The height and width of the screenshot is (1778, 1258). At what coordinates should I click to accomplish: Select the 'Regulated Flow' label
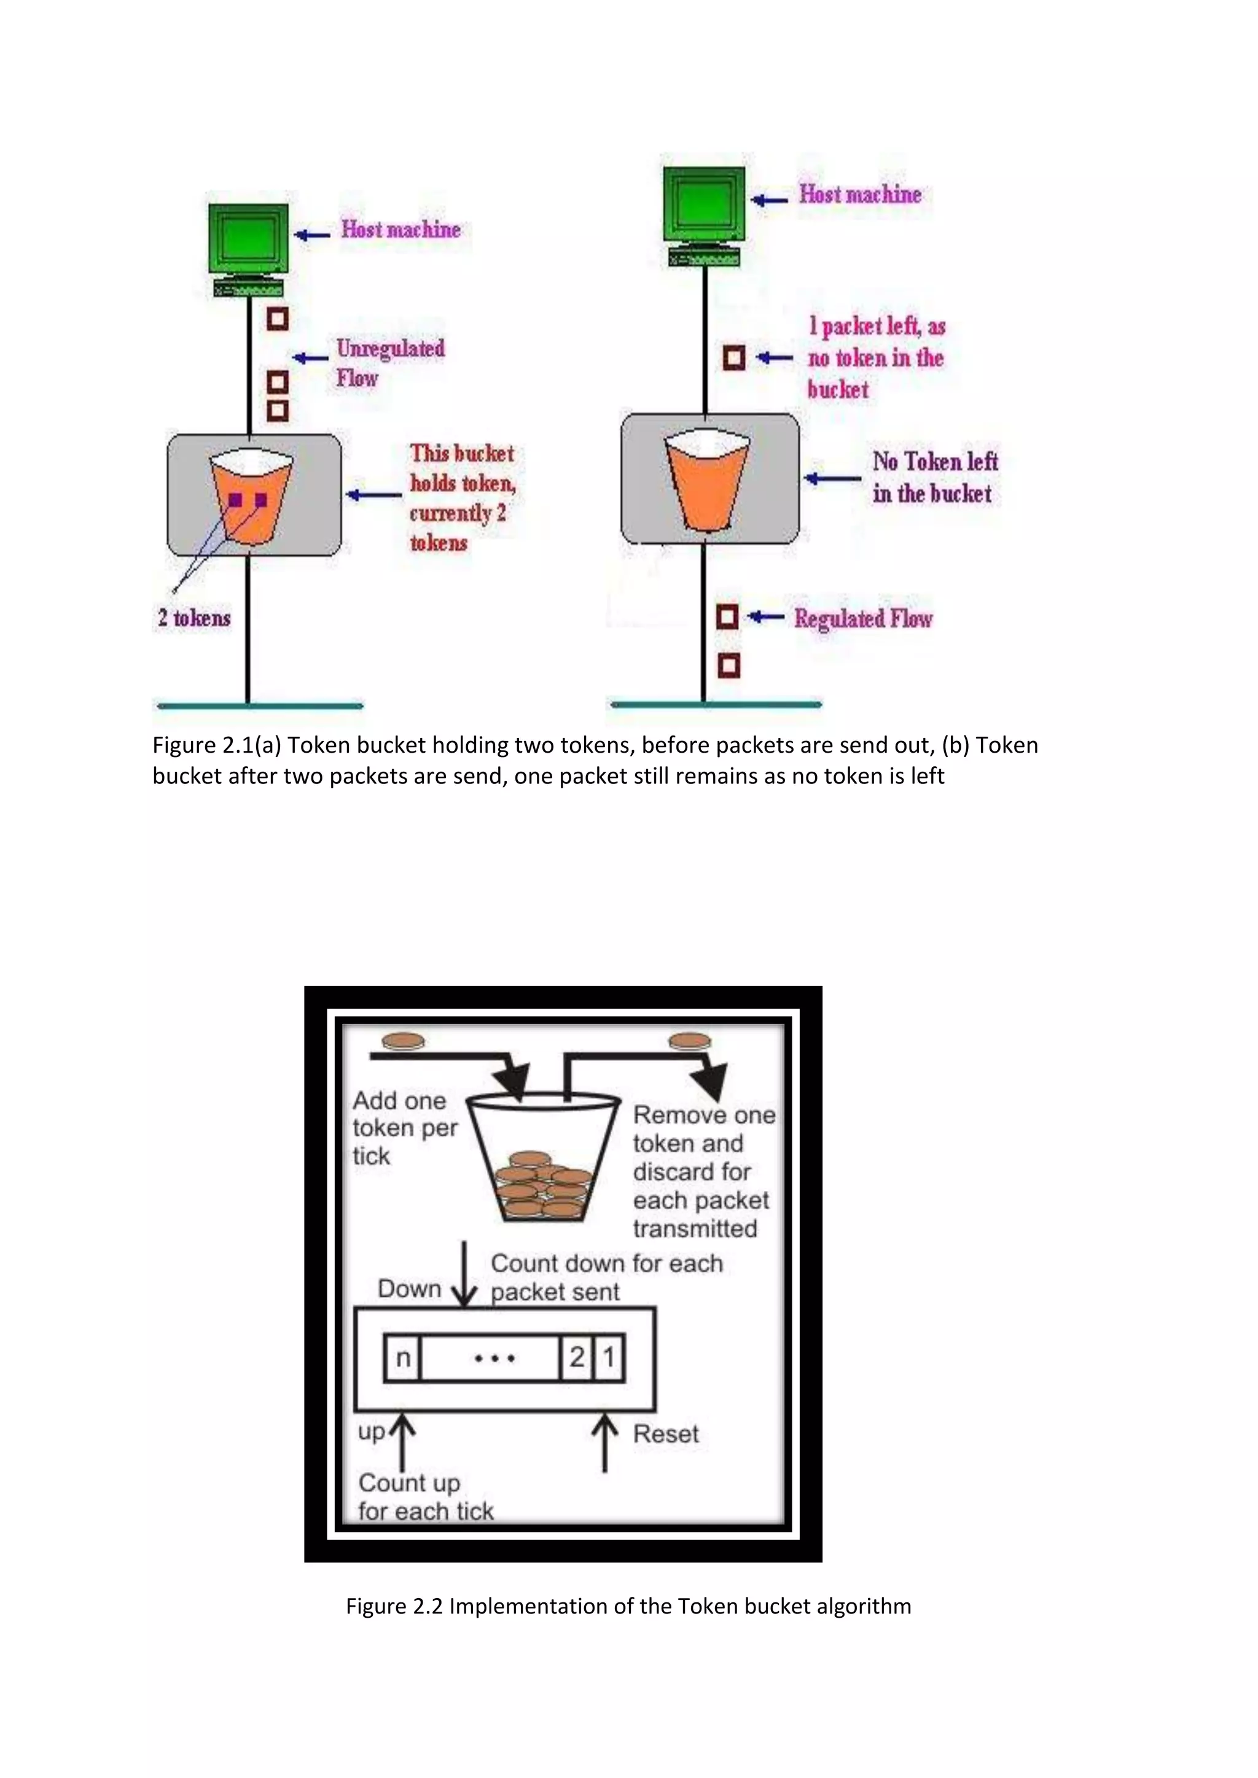(x=863, y=619)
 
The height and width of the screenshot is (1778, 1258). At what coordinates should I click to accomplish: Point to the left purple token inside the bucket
(x=235, y=500)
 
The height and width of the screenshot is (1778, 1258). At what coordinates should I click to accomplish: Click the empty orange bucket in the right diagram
(x=706, y=484)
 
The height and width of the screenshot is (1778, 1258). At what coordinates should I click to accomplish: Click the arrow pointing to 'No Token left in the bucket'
(x=833, y=478)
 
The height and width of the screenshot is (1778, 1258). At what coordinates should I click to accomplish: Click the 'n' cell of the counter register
(x=403, y=1357)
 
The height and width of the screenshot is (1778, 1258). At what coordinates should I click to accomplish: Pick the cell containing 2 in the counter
(x=576, y=1357)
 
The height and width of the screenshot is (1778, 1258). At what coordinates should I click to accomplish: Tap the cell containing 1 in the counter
(x=609, y=1357)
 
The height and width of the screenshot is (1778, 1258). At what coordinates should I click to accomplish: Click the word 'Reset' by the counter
(x=665, y=1434)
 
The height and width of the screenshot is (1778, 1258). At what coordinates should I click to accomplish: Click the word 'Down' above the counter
(x=409, y=1289)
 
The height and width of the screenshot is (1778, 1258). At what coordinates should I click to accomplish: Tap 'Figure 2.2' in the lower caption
(x=394, y=1606)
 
